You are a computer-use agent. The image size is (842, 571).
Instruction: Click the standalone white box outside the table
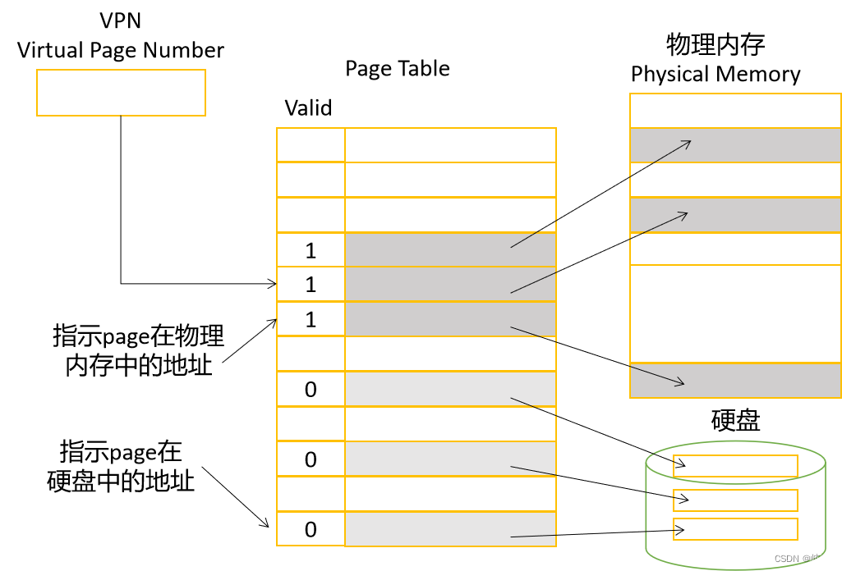pyautogui.click(x=121, y=92)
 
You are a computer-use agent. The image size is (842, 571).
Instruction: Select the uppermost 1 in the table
pyautogui.click(x=311, y=251)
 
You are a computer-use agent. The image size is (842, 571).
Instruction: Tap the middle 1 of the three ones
pyautogui.click(x=311, y=285)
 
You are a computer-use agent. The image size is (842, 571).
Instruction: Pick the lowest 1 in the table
pyautogui.click(x=311, y=320)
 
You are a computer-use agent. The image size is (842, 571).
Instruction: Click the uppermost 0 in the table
pyautogui.click(x=311, y=390)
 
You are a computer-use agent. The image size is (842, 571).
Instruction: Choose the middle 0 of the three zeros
pyautogui.click(x=311, y=460)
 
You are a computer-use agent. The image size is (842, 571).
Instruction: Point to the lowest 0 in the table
pyautogui.click(x=311, y=530)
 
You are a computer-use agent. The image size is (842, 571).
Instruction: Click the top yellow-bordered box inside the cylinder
pyautogui.click(x=735, y=466)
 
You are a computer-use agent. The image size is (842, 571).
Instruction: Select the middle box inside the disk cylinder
pyautogui.click(x=735, y=500)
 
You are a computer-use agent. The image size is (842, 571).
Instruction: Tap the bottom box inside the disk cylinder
pyautogui.click(x=735, y=529)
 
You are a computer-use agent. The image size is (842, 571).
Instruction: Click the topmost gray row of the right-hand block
pyautogui.click(x=735, y=145)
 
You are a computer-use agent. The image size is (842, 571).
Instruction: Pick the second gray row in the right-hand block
pyautogui.click(x=735, y=215)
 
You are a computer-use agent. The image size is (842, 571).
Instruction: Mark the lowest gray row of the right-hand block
pyautogui.click(x=735, y=381)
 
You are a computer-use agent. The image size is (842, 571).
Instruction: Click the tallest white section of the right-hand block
pyautogui.click(x=735, y=313)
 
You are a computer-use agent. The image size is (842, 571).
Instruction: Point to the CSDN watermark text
pyautogui.click(x=801, y=559)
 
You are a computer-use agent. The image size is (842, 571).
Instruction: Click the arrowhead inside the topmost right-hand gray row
pyautogui.click(x=687, y=144)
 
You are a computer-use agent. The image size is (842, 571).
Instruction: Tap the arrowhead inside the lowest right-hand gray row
pyautogui.click(x=680, y=382)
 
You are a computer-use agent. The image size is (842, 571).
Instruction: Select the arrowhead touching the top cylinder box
pyautogui.click(x=681, y=464)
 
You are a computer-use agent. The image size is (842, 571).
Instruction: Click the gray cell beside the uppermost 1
pyautogui.click(x=450, y=250)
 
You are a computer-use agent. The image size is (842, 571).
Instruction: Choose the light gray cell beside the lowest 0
pyautogui.click(x=450, y=529)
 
